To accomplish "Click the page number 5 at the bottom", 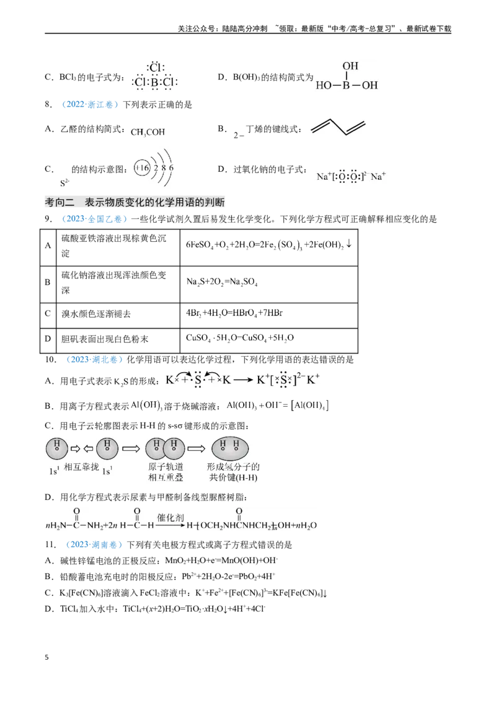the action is tap(46, 657).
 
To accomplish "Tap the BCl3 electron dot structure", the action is tap(155, 76).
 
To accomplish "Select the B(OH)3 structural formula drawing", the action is tap(347, 76).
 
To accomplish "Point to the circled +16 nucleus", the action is tap(142, 168).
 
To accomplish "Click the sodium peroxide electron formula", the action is tap(351, 176).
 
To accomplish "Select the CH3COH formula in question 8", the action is tap(148, 132).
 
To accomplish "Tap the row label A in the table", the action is tap(48, 246).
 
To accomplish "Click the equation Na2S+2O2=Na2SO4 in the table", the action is tap(221, 282).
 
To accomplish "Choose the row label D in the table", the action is tap(48, 339).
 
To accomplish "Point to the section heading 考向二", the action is tap(60, 202).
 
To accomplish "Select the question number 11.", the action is tap(50, 544).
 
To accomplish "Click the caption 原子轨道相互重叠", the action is tap(166, 472).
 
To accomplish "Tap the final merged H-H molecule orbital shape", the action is tap(229, 448).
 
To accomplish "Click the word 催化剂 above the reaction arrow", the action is tap(170, 518).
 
